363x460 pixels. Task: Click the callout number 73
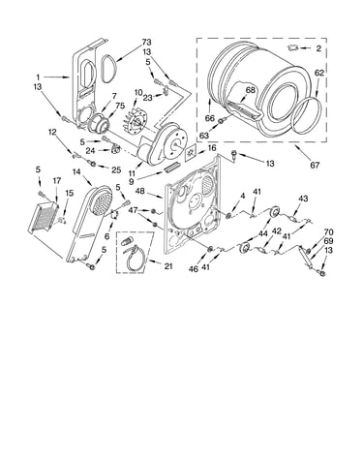[146, 42]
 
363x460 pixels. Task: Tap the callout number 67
[315, 165]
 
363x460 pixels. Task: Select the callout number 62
[318, 74]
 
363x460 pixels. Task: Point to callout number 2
[318, 48]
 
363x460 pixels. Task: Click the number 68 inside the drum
[250, 90]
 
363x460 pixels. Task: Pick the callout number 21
[167, 266]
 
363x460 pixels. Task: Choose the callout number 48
[139, 191]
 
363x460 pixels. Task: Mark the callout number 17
[56, 181]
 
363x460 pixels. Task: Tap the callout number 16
[212, 148]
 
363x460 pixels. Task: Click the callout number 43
[303, 199]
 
